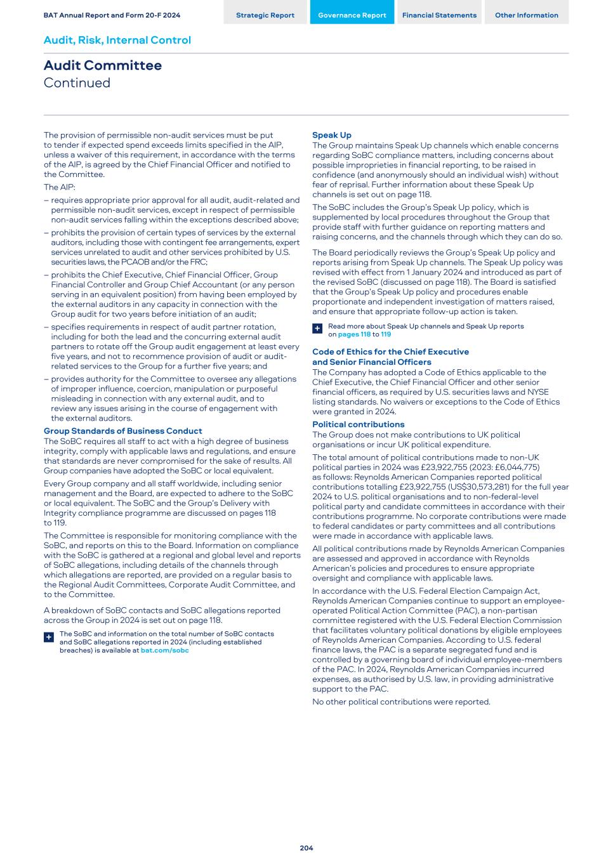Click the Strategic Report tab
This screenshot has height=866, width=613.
click(x=265, y=15)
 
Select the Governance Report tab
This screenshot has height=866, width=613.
click(x=352, y=15)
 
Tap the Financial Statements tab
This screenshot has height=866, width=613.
click(x=439, y=15)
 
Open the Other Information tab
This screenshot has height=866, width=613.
click(x=526, y=15)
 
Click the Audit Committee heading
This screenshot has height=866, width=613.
click(x=102, y=65)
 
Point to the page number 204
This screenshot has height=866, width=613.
click(x=306, y=848)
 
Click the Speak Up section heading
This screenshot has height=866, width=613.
click(x=331, y=135)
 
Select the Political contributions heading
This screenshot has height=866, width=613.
click(x=358, y=424)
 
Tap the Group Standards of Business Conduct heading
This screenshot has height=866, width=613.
click(x=122, y=431)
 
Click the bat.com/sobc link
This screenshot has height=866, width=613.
click(x=164, y=650)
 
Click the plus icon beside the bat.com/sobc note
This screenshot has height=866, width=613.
click(x=49, y=637)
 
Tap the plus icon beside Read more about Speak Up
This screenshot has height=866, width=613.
click(x=317, y=329)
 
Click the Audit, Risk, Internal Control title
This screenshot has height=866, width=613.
click(x=117, y=40)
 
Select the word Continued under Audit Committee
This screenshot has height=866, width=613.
click(x=77, y=83)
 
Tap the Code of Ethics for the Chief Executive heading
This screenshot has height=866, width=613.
click(x=390, y=351)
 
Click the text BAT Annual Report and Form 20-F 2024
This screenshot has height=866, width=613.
click(x=112, y=15)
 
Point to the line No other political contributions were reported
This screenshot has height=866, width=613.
click(x=401, y=702)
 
